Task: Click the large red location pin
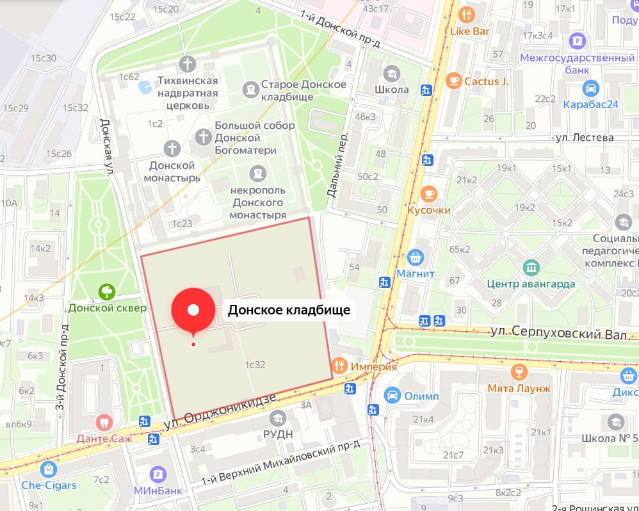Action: [193, 310]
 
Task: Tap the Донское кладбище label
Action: [289, 311]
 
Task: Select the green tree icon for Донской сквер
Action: [107, 292]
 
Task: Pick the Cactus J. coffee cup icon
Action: [453, 81]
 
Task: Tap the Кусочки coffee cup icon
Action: [429, 193]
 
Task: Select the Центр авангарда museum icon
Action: [531, 267]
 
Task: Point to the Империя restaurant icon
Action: [340, 366]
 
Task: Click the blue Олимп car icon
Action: [392, 396]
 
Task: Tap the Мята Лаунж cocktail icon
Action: [519, 372]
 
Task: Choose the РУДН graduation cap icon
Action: [278, 418]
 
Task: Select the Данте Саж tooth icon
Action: [103, 423]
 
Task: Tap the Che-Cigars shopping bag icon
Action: [48, 469]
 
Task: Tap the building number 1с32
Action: [255, 364]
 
